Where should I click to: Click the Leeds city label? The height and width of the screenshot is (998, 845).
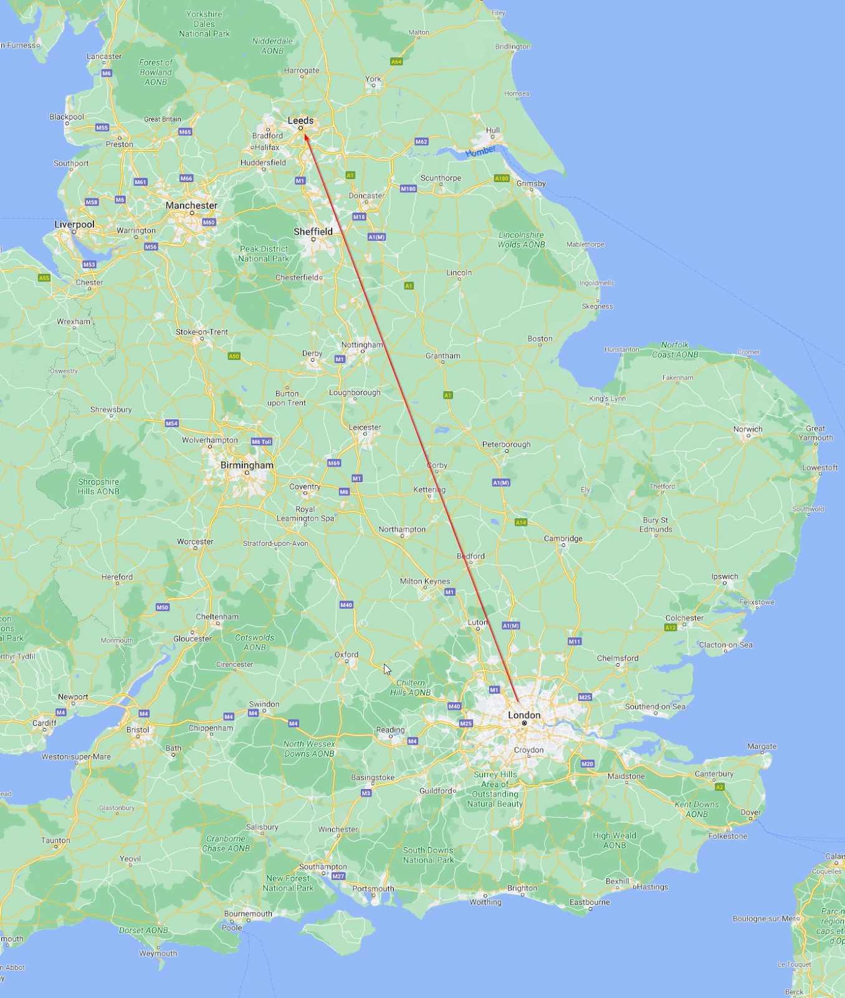coord(300,120)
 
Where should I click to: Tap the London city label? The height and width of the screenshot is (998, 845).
coord(524,715)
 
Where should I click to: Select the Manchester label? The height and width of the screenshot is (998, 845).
coord(191,205)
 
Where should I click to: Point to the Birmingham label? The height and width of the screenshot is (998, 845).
coord(247,465)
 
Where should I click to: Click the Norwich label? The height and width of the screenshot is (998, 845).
coord(748,429)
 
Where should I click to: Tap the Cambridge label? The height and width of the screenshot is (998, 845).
coord(563,538)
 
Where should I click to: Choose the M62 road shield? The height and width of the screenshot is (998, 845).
coord(421,142)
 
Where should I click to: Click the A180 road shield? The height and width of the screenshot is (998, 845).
coord(502,178)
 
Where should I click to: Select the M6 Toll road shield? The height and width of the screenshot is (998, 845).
coord(262,442)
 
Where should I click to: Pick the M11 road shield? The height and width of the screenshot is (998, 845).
coord(575,641)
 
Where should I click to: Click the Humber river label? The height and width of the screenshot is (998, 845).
coord(480,151)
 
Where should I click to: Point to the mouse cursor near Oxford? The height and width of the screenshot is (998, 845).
coord(386,669)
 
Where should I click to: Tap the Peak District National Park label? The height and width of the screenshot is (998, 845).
coord(264,253)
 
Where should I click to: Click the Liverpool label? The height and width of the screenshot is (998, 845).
coord(74,224)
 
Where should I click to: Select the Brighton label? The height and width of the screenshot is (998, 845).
coord(522,888)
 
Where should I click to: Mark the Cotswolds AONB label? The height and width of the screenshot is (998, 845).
coord(254,642)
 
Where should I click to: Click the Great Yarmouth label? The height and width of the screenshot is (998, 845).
coord(816,433)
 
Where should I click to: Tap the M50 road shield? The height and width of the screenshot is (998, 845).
coord(163,607)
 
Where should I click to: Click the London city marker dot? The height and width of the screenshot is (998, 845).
coord(525,724)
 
